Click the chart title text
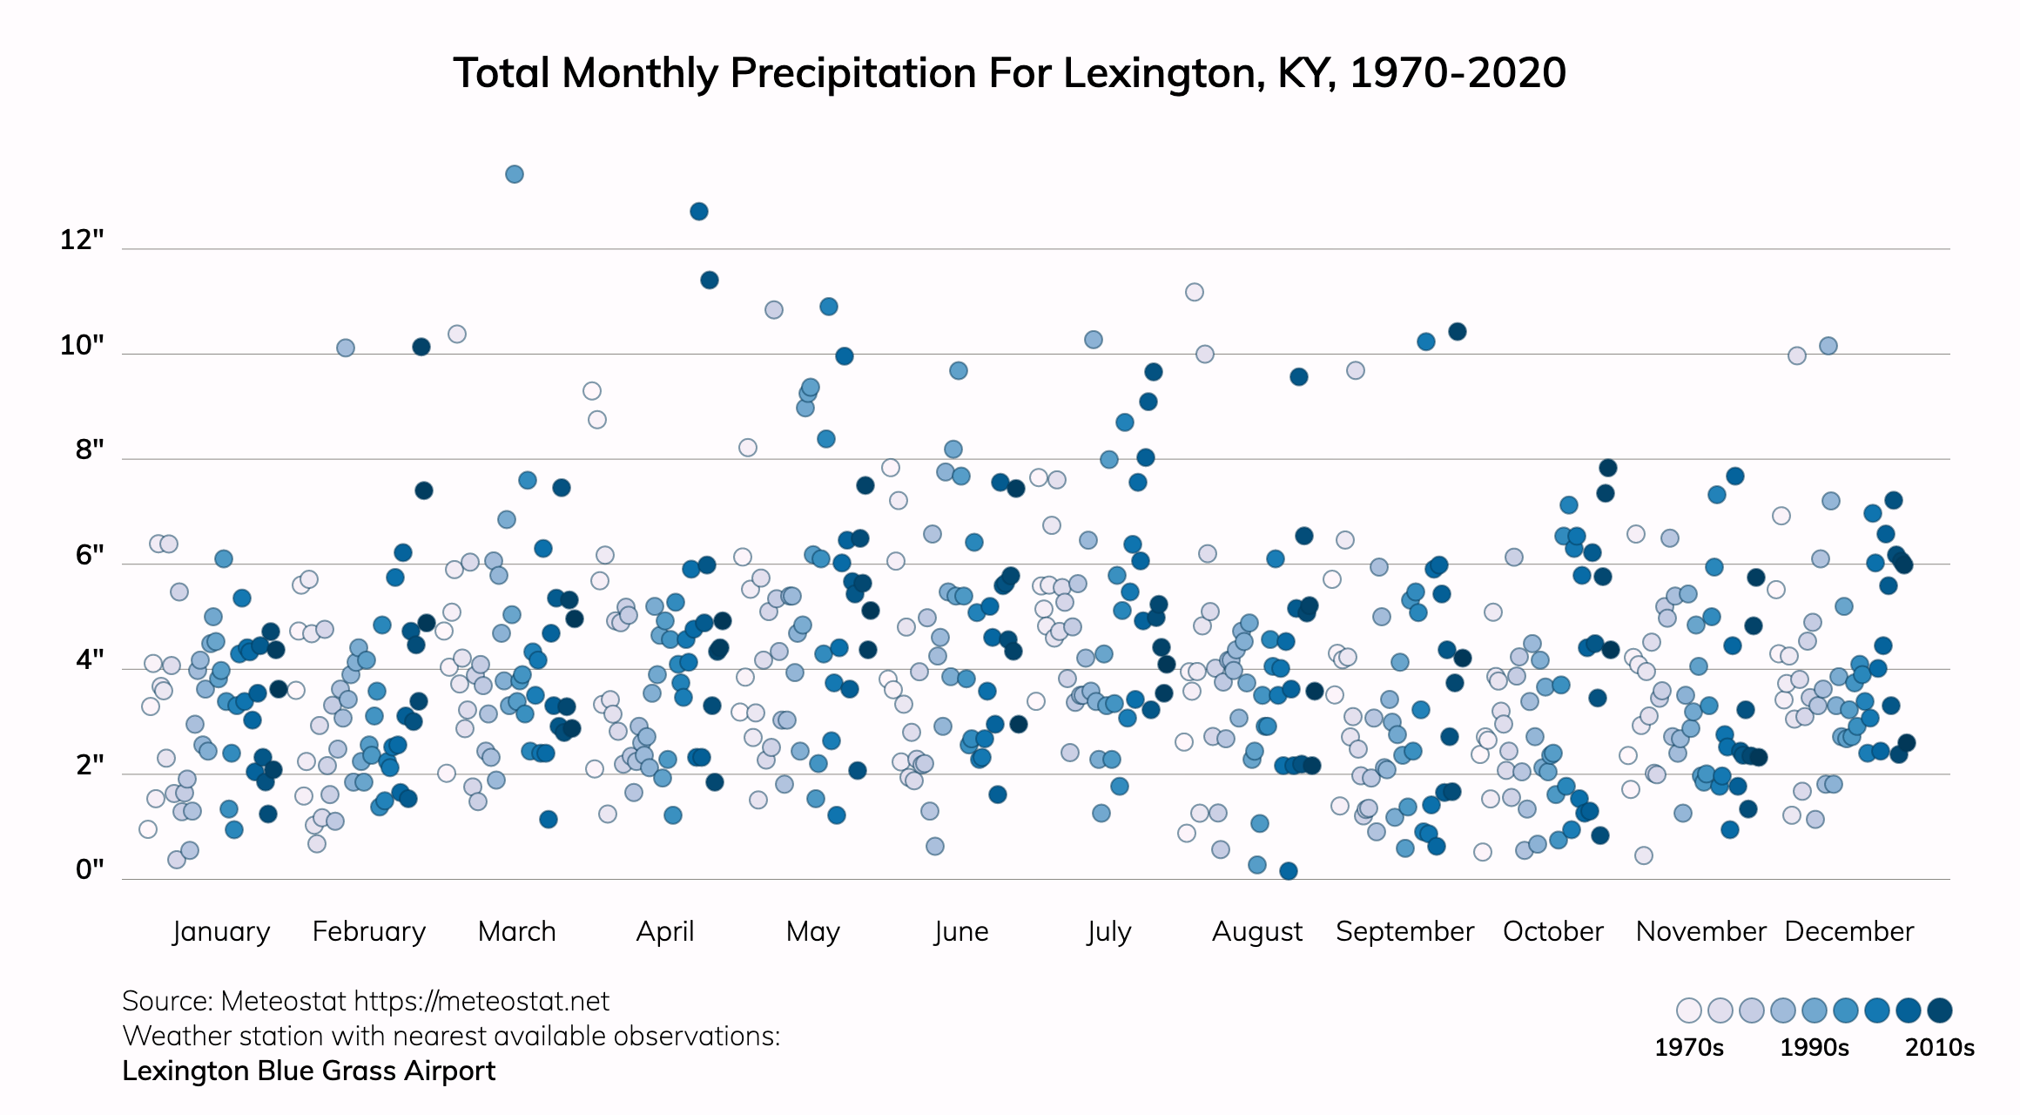coord(1009,73)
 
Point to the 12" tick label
coord(82,240)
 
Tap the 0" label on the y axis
coord(90,869)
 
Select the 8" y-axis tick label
coord(90,449)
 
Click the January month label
coord(221,931)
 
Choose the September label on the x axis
coord(1404,931)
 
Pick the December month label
coord(1848,931)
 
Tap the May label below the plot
coord(812,931)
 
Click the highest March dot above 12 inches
coord(515,174)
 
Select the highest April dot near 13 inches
coord(699,212)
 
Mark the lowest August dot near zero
coord(1289,871)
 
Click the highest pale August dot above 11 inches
coord(1195,292)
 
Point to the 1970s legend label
coord(1688,1047)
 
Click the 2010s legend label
coord(1939,1047)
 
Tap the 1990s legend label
coord(1814,1047)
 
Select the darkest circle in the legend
coord(1940,1010)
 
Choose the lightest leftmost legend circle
coord(1689,1010)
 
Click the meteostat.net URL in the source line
coord(481,1001)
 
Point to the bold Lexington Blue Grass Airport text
coord(308,1071)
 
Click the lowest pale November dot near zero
coord(1644,855)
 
